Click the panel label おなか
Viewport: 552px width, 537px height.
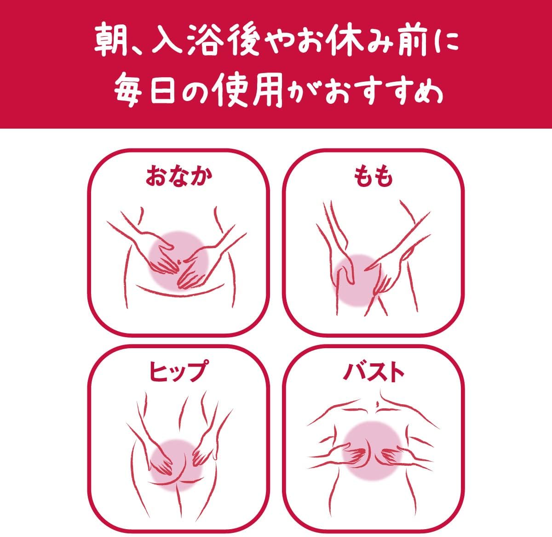(x=178, y=177)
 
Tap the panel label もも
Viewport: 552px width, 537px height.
(x=374, y=177)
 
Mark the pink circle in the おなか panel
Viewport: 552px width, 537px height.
(x=178, y=260)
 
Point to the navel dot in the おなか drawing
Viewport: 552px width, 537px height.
(x=179, y=261)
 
